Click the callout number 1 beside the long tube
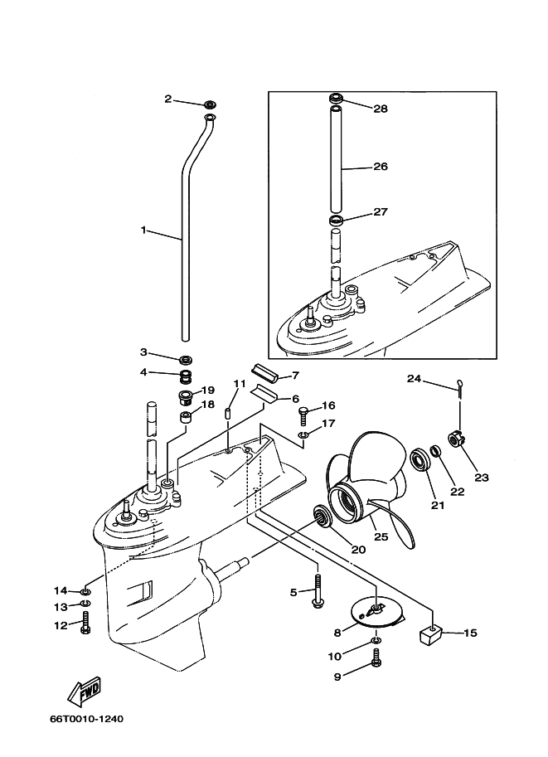[x=143, y=230]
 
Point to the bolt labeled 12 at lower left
[x=85, y=626]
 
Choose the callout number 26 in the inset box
[x=380, y=167]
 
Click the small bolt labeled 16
[x=304, y=412]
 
